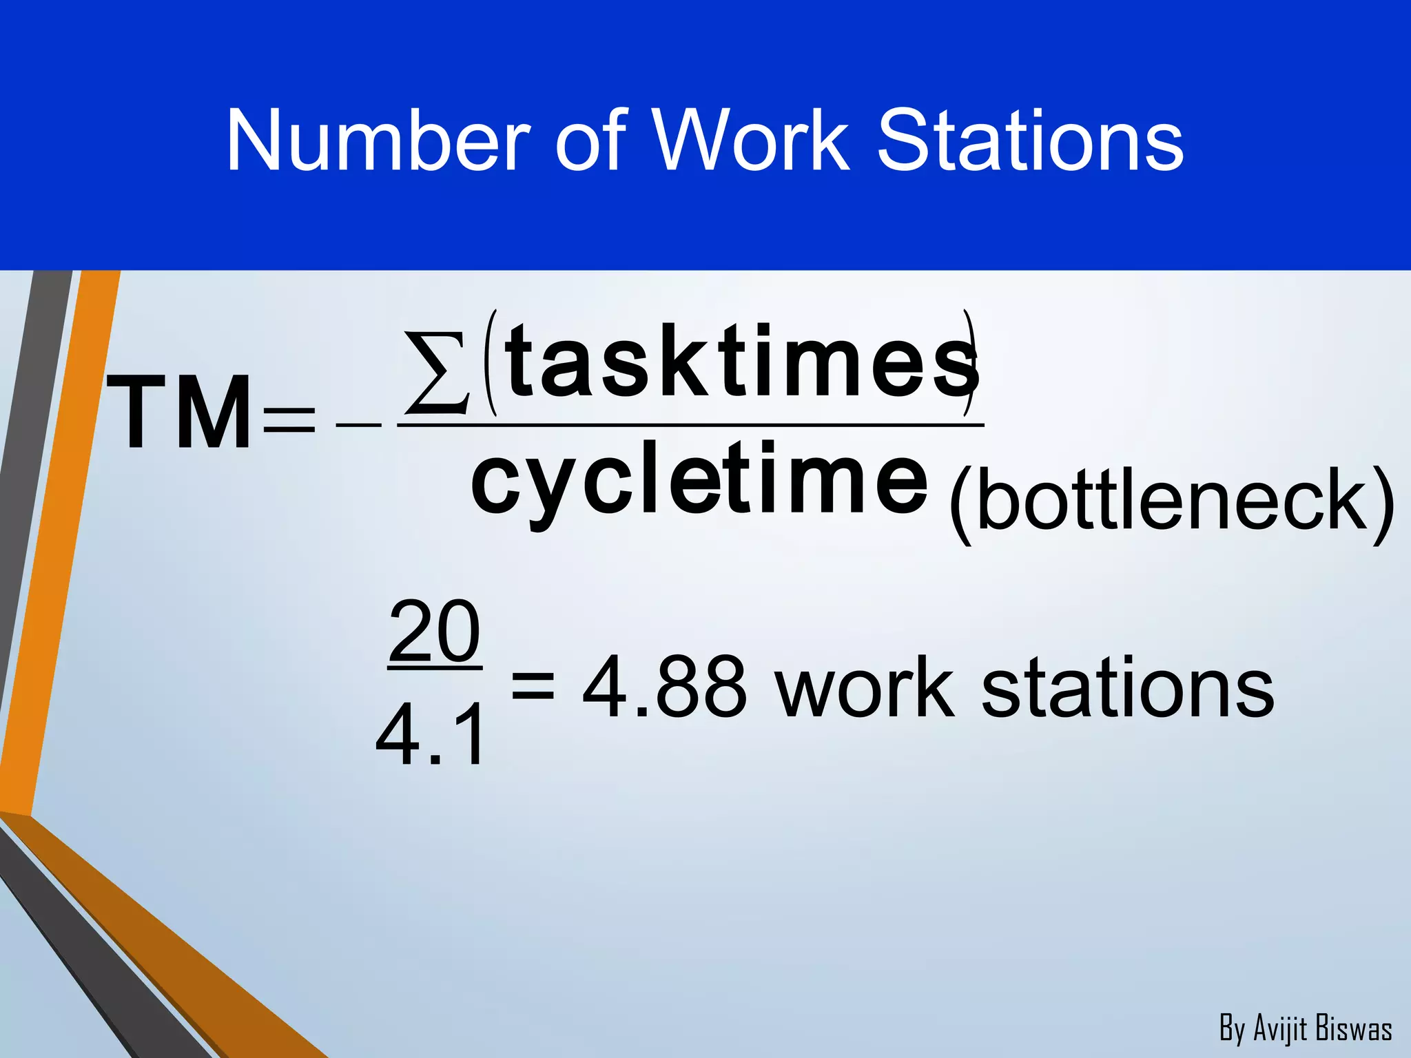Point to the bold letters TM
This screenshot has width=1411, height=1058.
click(x=180, y=413)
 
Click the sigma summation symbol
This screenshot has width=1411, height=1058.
click(x=437, y=373)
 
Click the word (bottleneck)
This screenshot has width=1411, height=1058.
click(x=1171, y=503)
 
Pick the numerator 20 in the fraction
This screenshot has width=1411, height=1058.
click(x=434, y=630)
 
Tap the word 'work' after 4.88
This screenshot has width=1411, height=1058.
click(x=864, y=687)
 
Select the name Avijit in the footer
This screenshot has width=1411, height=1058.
click(x=1280, y=1028)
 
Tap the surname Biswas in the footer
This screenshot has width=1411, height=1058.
click(x=1353, y=1028)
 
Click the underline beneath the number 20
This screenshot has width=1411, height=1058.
click(x=435, y=667)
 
